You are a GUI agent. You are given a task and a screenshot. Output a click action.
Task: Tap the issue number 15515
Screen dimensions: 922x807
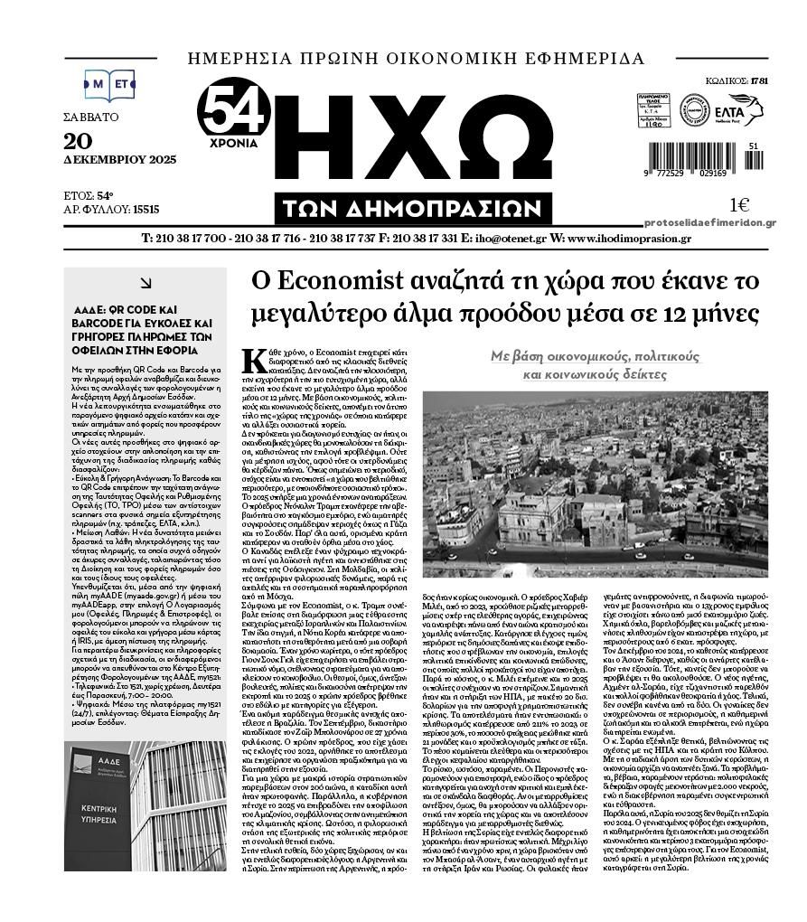pyautogui.click(x=145, y=209)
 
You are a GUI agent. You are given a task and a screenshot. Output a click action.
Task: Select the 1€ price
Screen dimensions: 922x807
pyautogui.click(x=738, y=202)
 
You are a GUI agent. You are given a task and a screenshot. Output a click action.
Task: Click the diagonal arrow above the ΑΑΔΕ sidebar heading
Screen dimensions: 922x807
pyautogui.click(x=145, y=283)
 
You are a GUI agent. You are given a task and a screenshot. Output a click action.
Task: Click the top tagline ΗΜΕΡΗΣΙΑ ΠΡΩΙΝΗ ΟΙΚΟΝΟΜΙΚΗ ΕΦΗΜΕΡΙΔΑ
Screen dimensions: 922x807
pyautogui.click(x=416, y=59)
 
